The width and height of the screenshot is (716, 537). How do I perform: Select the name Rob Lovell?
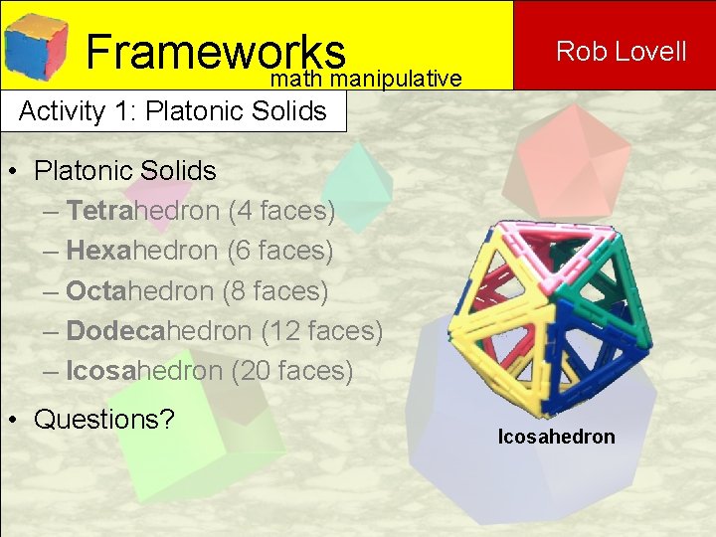pos(622,51)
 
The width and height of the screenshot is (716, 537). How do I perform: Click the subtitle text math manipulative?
pos(366,79)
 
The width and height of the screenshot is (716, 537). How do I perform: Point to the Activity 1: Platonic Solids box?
pos(173,110)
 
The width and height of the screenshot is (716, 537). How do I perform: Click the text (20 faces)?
pos(291,371)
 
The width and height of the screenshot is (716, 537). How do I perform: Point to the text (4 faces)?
pos(281,211)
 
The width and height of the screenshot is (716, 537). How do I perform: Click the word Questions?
pos(104,419)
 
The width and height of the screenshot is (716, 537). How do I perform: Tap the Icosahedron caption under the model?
pos(557,437)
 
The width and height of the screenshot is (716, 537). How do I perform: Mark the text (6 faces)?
pos(280,252)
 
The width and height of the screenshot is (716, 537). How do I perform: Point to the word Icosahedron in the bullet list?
pos(144,371)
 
